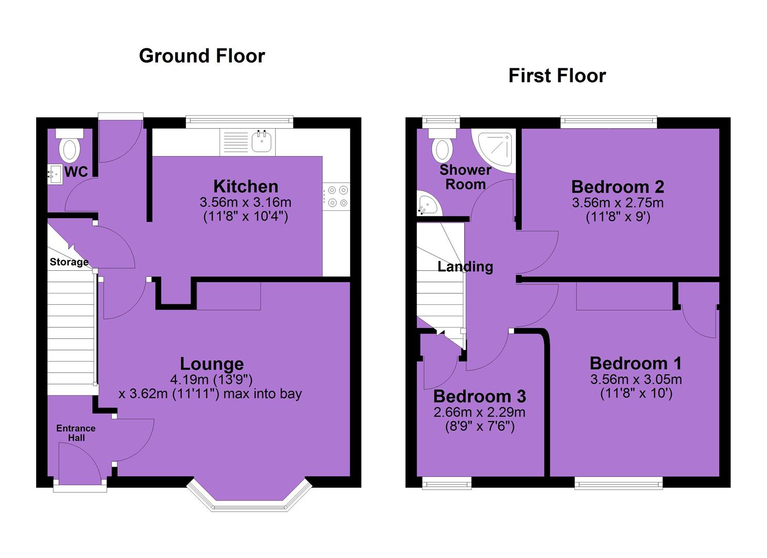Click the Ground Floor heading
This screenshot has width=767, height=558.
click(201, 56)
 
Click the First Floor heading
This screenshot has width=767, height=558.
click(557, 76)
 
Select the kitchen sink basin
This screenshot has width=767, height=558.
click(262, 142)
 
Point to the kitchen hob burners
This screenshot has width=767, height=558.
click(338, 196)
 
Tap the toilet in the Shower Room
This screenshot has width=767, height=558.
click(442, 146)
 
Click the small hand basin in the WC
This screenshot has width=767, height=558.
click(55, 174)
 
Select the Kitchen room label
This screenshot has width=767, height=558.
click(245, 187)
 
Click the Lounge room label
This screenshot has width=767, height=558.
click(212, 364)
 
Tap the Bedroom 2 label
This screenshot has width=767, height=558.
click(618, 187)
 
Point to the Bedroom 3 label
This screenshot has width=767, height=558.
click(479, 396)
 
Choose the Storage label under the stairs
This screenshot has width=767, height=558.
click(69, 262)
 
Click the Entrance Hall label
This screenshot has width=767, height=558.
click(76, 432)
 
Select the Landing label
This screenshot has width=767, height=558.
click(465, 267)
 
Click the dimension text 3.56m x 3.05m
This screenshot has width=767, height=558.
click(636, 379)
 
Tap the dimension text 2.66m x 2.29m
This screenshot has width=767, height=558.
click(479, 412)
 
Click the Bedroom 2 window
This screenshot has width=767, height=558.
click(608, 122)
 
